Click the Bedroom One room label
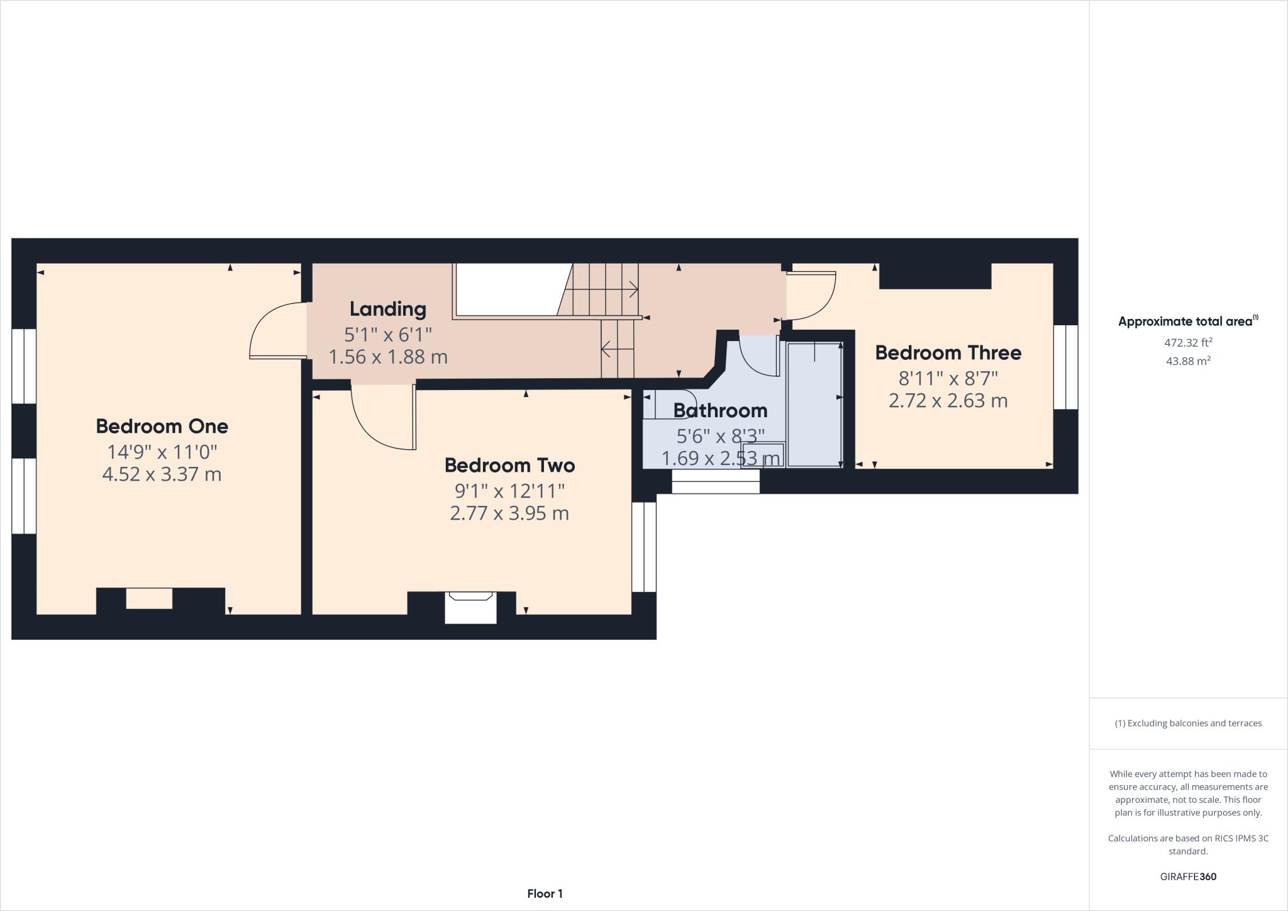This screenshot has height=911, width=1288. pyautogui.click(x=162, y=426)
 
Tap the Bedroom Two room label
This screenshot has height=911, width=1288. pyautogui.click(x=509, y=465)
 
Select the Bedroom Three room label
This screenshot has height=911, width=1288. pyautogui.click(x=948, y=352)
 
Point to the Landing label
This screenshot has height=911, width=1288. pyautogui.click(x=387, y=308)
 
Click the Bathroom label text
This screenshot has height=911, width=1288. pyautogui.click(x=720, y=410)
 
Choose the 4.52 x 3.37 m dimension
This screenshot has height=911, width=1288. pyautogui.click(x=162, y=474)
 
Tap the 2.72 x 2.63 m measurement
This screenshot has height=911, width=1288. pyautogui.click(x=948, y=400)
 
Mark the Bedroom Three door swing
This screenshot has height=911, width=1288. pyautogui.click(x=814, y=296)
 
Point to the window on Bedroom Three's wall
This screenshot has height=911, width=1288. pyautogui.click(x=1065, y=367)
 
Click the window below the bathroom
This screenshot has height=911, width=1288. pyautogui.click(x=716, y=482)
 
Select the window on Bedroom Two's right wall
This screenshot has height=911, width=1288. pyautogui.click(x=643, y=547)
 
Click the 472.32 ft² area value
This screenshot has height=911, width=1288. pyautogui.click(x=1188, y=343)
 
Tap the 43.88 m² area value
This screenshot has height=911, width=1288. pyautogui.click(x=1188, y=360)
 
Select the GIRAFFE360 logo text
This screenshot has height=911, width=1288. pyautogui.click(x=1188, y=876)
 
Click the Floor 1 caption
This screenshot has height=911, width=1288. pyautogui.click(x=545, y=893)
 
